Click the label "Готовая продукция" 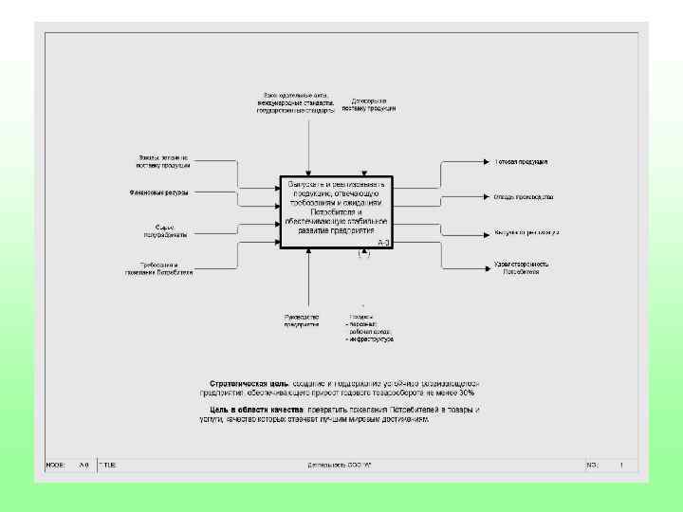(521, 162)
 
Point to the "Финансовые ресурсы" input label (158, 192)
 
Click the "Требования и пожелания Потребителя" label (158, 267)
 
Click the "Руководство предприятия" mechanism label (301, 320)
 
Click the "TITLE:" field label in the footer (109, 466)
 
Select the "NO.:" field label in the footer (593, 466)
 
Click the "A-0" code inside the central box (383, 244)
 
